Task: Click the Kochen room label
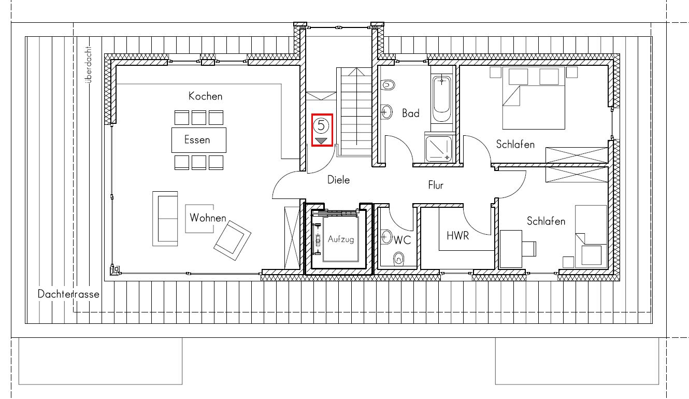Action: (x=205, y=96)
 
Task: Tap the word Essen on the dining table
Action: (x=197, y=140)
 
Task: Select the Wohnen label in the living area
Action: (x=208, y=218)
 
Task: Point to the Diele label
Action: (x=338, y=180)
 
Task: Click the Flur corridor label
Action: (x=436, y=185)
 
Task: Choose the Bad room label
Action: (x=411, y=113)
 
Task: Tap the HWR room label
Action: (x=458, y=236)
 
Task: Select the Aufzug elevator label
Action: (x=341, y=239)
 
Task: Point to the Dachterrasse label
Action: (x=68, y=294)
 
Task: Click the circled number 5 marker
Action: (x=321, y=125)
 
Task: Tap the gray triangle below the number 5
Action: (x=321, y=141)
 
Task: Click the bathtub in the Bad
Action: (x=442, y=98)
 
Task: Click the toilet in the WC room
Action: (x=399, y=259)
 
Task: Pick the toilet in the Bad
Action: (x=388, y=84)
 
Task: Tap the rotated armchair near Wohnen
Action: (x=232, y=240)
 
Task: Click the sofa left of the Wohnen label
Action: (x=165, y=219)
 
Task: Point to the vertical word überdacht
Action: (x=89, y=65)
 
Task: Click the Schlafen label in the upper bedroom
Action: (x=515, y=144)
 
